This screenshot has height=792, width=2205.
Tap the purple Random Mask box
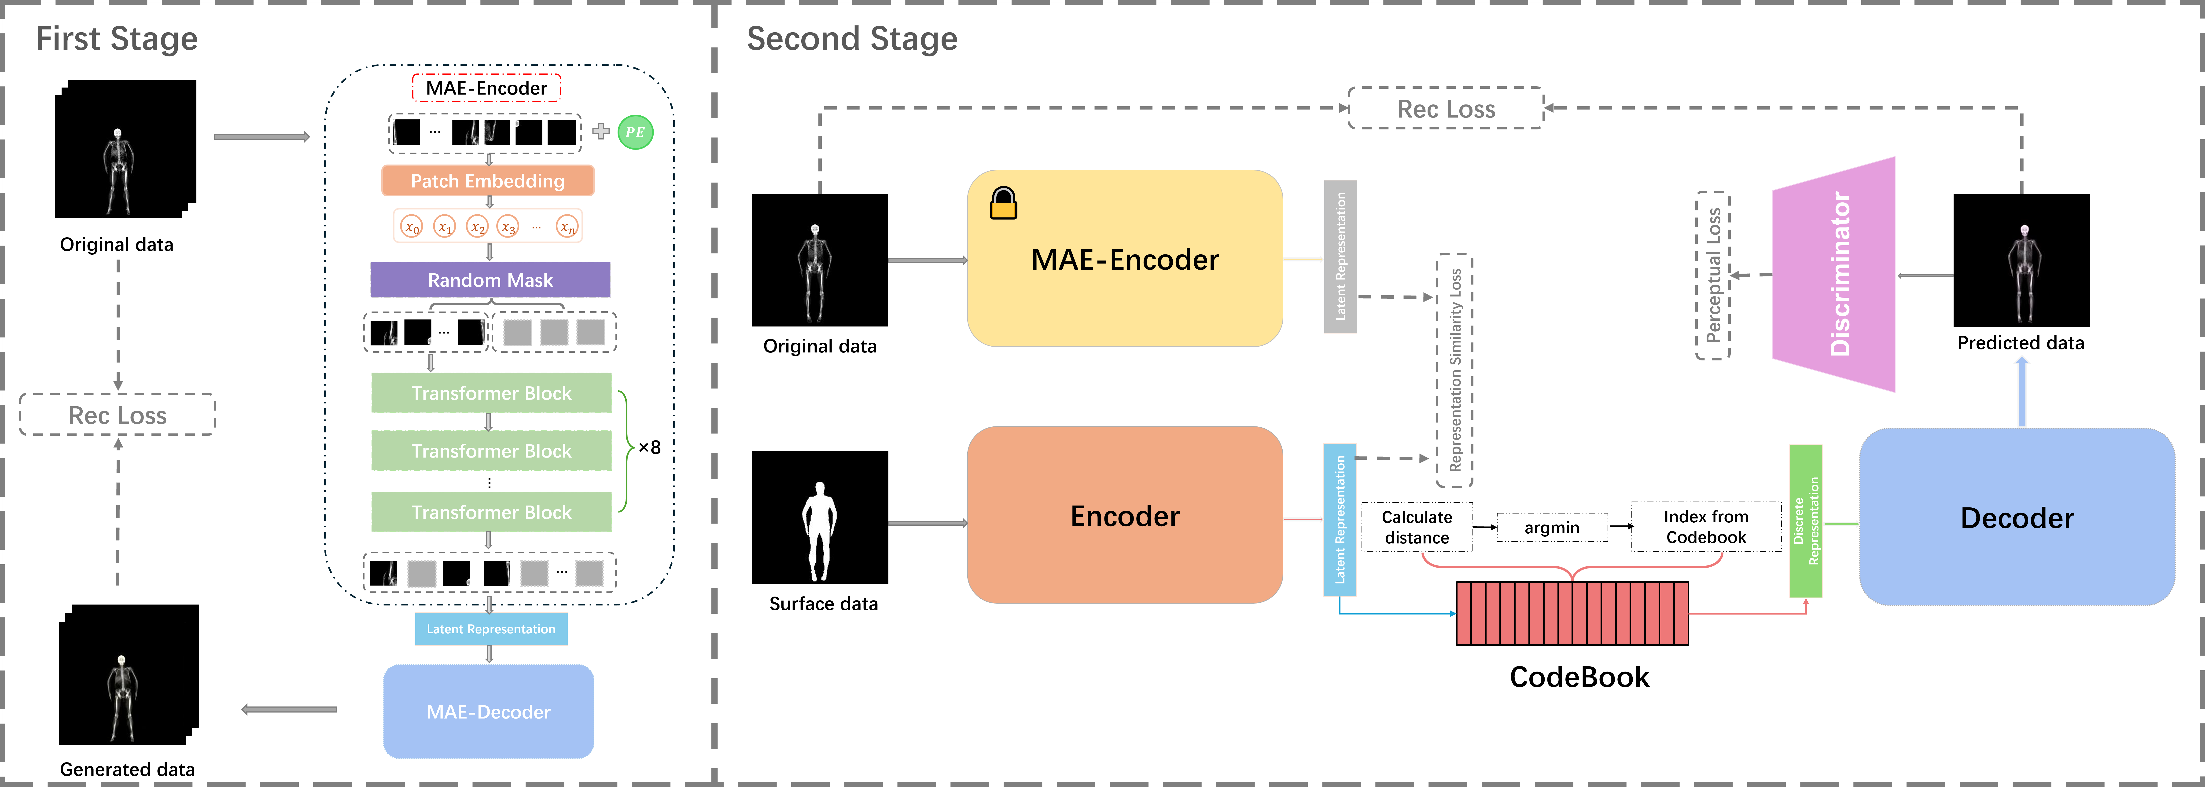pyautogui.click(x=490, y=280)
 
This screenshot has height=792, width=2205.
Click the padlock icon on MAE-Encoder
pyautogui.click(x=1003, y=204)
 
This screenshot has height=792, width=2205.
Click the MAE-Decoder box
pyautogui.click(x=488, y=711)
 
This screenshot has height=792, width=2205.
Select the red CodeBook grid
pyautogui.click(x=1572, y=613)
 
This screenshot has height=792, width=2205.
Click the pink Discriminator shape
pyautogui.click(x=1834, y=274)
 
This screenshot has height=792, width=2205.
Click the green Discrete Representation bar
pyautogui.click(x=1805, y=521)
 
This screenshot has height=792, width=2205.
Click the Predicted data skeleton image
pyautogui.click(x=2021, y=260)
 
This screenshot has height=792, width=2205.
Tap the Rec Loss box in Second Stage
pyautogui.click(x=1446, y=109)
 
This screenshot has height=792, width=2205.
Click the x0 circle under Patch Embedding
pyautogui.click(x=412, y=227)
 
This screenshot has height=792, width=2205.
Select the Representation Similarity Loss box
pyautogui.click(x=1454, y=370)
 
